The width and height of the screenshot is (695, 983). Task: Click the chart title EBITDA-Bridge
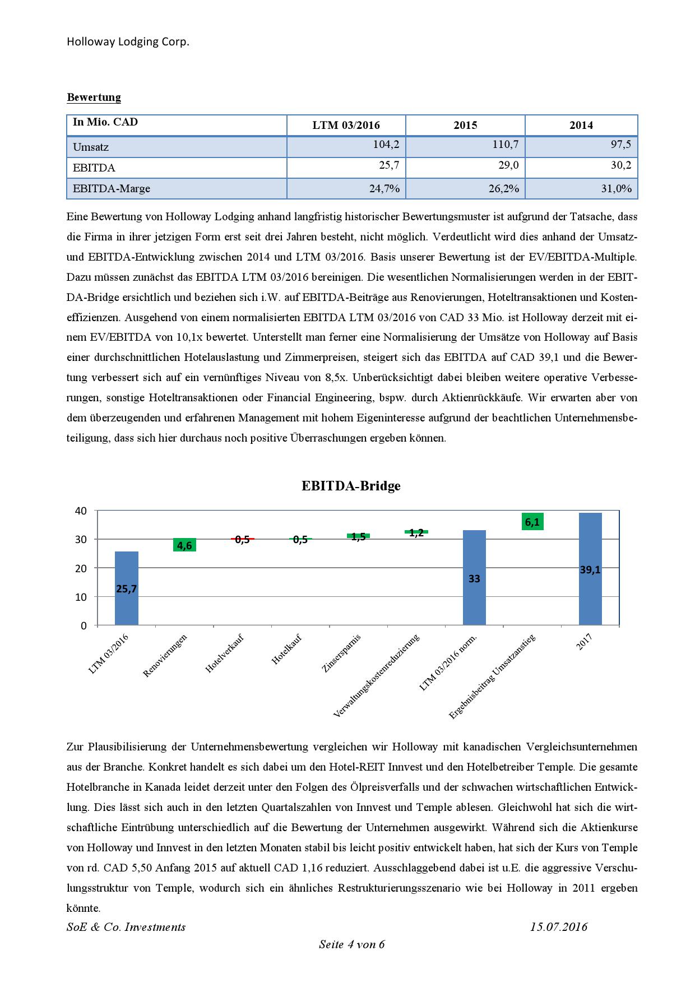[351, 485]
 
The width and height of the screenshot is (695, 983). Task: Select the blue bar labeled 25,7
[126, 588]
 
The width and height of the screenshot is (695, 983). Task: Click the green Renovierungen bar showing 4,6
[184, 545]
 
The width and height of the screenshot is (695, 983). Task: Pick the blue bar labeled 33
[474, 577]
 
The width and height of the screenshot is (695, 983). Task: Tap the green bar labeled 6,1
[532, 522]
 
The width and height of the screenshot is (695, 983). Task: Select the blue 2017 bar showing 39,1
[590, 569]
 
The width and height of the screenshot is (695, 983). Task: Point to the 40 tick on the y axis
[81, 511]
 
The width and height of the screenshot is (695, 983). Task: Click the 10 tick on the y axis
[81, 597]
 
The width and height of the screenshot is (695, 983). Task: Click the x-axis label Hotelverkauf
[225, 653]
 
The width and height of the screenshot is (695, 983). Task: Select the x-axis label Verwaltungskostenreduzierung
[376, 676]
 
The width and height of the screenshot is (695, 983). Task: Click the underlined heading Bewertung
[94, 98]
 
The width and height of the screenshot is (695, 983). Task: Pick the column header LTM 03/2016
[346, 126]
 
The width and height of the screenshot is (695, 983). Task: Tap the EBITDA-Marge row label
[112, 189]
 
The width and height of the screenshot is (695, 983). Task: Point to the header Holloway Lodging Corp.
[128, 42]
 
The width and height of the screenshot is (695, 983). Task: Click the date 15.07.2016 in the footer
[558, 927]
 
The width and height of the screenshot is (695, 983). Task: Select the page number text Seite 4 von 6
[351, 944]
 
